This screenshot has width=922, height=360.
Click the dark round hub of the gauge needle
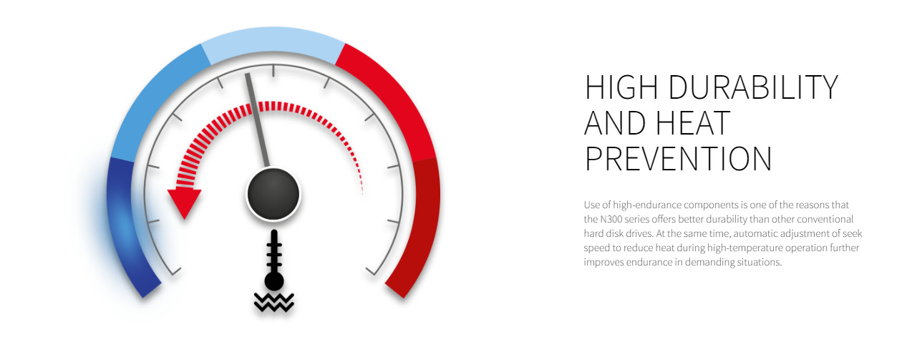(273, 194)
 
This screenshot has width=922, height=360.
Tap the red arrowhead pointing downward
(185, 203)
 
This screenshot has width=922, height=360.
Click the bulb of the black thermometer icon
(273, 281)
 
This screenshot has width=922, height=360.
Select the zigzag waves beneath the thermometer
(273, 303)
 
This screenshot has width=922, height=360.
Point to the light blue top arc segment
(273, 41)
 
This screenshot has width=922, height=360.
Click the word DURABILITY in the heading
(753, 87)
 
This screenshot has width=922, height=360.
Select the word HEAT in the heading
(693, 123)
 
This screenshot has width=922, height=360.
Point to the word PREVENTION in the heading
(678, 159)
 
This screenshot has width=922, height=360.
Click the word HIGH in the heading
(621, 87)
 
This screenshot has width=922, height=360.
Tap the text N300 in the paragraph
(611, 219)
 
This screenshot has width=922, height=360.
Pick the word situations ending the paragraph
(759, 262)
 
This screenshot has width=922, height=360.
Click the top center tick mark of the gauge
(273, 70)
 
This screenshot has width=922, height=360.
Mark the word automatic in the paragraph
(756, 234)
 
